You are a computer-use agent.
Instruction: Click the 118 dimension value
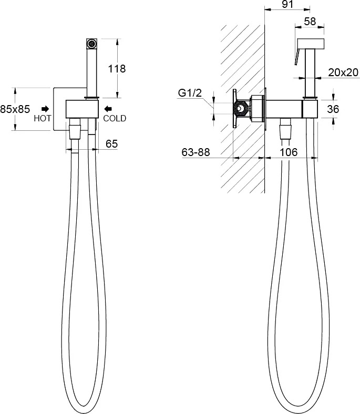[x=117, y=69]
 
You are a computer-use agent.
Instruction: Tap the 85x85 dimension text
[x=15, y=109]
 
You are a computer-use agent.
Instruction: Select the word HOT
[x=42, y=118]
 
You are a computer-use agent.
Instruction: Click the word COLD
[x=115, y=118]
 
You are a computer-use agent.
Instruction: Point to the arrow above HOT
[x=45, y=109]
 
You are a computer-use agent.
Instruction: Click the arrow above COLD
[x=108, y=109]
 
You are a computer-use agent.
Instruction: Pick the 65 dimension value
[x=111, y=144]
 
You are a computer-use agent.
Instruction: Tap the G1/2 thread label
[x=190, y=93]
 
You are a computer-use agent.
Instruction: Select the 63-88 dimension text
[x=196, y=152]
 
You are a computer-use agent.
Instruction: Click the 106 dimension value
[x=289, y=152]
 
